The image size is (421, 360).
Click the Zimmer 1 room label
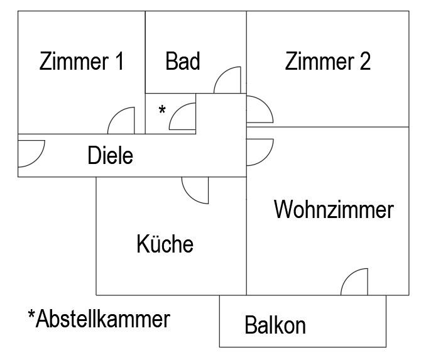[x=81, y=62]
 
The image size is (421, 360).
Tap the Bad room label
[x=183, y=62]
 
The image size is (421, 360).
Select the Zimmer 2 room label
[x=327, y=62]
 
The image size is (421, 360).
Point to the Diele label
[x=111, y=155]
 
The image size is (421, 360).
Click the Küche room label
[x=165, y=244]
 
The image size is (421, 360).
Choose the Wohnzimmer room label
[x=334, y=209]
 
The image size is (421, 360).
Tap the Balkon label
[x=275, y=325]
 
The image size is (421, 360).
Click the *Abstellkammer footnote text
[x=99, y=319]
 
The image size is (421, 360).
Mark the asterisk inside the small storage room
[x=162, y=111]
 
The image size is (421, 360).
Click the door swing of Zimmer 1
[x=122, y=120]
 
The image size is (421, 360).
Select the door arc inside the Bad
[x=227, y=80]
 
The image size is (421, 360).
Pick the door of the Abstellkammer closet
[x=183, y=117]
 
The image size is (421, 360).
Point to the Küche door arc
[x=195, y=190]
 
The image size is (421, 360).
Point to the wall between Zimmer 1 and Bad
[x=146, y=50]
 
